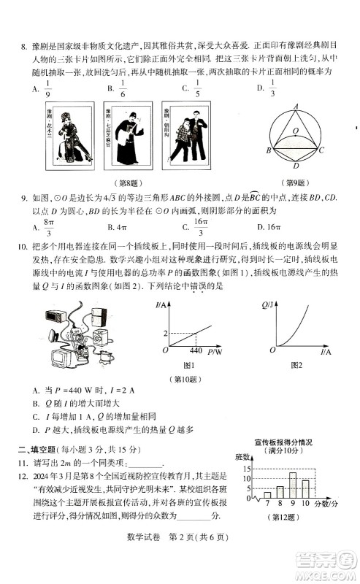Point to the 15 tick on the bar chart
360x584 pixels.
(x=247, y=469)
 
